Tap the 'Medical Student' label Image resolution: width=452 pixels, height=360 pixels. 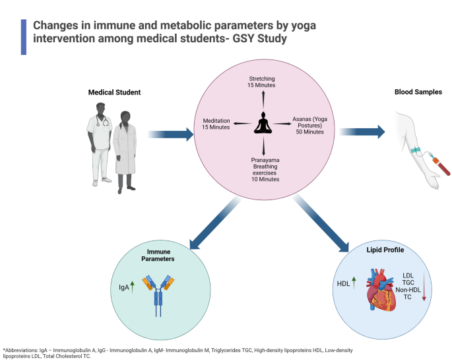tap(115, 92)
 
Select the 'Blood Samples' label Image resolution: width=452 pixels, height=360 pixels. tap(418, 92)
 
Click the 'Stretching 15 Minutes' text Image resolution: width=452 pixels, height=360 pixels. tap(263, 82)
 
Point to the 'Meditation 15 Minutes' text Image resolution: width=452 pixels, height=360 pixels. tap(216, 124)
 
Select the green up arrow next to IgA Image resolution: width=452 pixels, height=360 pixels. tap(132, 285)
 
